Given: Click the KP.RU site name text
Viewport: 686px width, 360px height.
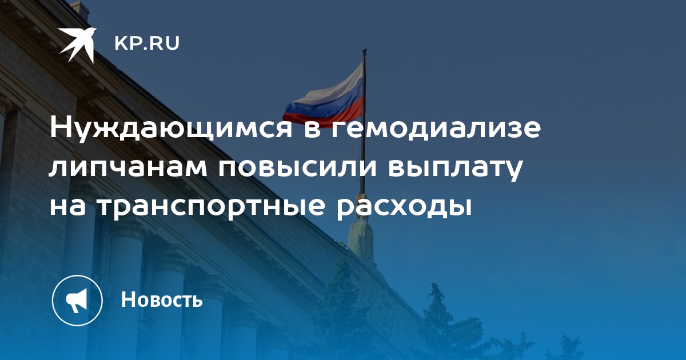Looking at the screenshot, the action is coord(147,44).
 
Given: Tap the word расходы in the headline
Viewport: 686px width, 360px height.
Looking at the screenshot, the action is coord(404,207).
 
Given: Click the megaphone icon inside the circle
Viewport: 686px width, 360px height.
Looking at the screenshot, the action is coord(77,301).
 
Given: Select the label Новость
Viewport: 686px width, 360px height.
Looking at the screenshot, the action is coord(162,299).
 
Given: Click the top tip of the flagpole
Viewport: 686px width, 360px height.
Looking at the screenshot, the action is coord(365,50).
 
